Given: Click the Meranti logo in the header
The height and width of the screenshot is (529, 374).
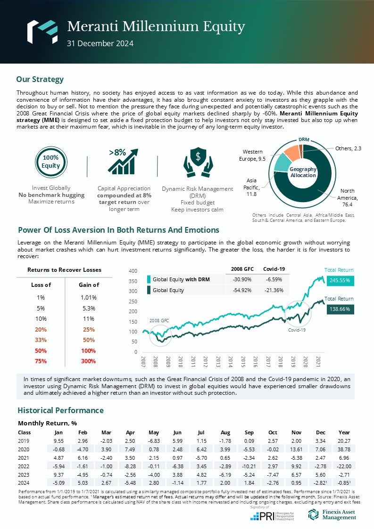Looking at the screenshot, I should tap(42, 31).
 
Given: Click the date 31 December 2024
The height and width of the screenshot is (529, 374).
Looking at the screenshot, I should tap(100, 44).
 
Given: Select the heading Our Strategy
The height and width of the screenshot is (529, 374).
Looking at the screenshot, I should tap(40, 79).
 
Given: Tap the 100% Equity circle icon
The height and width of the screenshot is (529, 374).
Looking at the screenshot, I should tap(50, 162).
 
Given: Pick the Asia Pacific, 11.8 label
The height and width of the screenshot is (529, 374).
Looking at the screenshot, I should tap(252, 187).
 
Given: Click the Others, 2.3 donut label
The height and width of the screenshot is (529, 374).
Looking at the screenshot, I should tap(348, 148).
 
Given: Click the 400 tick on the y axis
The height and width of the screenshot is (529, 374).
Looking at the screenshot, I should tap(133, 271).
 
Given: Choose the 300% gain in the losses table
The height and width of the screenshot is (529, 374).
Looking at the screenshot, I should tap(88, 361).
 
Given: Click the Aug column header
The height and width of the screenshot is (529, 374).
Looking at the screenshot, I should tap(225, 432).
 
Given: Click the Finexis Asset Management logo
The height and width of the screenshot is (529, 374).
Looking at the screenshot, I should tap(332, 514).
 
